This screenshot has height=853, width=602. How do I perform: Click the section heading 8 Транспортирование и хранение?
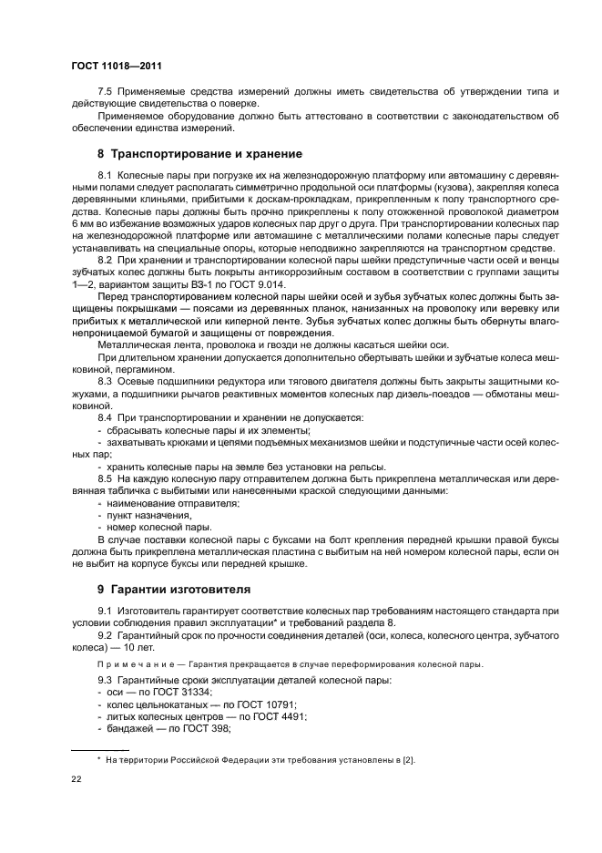(x=199, y=153)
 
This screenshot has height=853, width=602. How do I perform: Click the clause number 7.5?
(x=106, y=92)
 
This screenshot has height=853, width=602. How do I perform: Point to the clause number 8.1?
(x=105, y=173)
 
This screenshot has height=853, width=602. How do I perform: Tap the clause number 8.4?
(x=105, y=417)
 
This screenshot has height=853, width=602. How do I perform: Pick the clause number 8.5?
(x=105, y=478)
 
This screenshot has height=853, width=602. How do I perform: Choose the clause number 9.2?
(x=105, y=634)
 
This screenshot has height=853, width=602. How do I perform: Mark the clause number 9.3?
(x=105, y=681)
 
